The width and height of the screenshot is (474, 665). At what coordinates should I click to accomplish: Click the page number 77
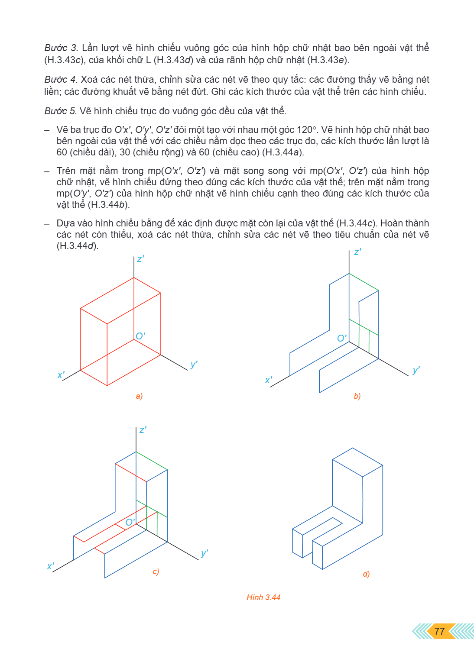point(439,631)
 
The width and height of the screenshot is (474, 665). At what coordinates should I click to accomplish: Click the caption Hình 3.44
point(263,597)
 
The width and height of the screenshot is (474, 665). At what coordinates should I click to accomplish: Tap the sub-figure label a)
point(139,396)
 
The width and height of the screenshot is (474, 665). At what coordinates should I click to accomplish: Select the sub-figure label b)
point(357,396)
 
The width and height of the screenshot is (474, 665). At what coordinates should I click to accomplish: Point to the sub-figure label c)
point(156,571)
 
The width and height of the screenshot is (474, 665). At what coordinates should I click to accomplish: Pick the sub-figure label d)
point(366,574)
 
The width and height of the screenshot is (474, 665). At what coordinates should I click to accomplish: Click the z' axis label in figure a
point(140,259)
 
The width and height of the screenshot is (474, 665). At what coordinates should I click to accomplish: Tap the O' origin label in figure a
point(140,336)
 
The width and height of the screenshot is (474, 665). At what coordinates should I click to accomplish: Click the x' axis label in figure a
point(61,374)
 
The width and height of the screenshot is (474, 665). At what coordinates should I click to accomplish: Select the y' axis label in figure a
point(194,364)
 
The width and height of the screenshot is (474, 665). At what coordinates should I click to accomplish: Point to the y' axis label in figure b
point(416,370)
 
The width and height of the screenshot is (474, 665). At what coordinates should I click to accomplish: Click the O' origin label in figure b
point(342,338)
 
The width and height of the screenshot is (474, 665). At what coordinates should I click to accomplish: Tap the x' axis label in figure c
point(51,566)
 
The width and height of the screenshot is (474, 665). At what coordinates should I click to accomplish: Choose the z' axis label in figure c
point(143,429)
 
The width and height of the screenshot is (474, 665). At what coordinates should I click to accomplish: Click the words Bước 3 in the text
point(61,48)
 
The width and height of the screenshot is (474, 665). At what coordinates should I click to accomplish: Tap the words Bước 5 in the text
point(61,111)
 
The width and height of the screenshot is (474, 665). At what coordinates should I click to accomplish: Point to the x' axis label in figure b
point(268,380)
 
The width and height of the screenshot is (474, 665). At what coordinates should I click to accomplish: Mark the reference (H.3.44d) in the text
point(77,246)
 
